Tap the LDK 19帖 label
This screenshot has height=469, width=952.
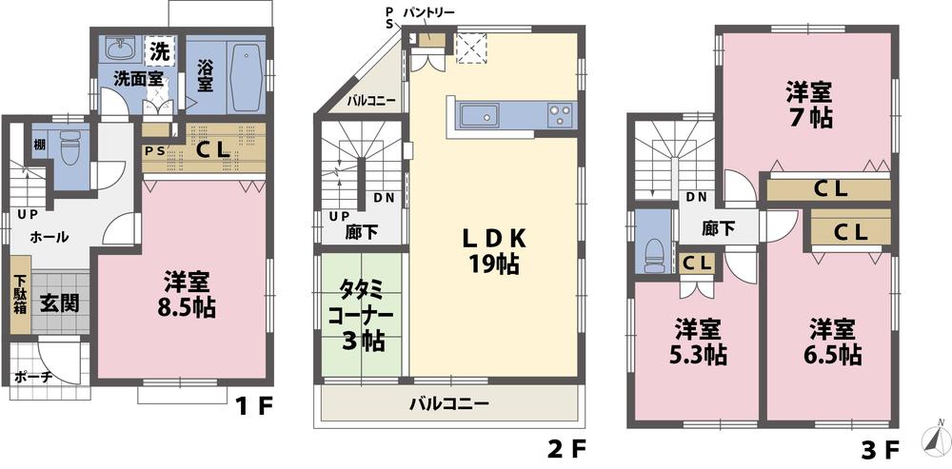tap(492, 251)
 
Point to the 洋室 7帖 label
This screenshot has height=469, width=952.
tap(808, 106)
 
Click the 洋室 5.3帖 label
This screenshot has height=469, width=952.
tap(697, 343)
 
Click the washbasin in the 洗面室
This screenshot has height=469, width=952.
tap(119, 50)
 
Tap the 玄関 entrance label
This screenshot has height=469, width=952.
tap(59, 303)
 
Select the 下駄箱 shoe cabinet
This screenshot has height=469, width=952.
tap(20, 300)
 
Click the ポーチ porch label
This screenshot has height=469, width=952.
tap(32, 377)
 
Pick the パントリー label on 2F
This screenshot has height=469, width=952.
tap(428, 12)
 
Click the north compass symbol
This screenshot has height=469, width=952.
tap(935, 440)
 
